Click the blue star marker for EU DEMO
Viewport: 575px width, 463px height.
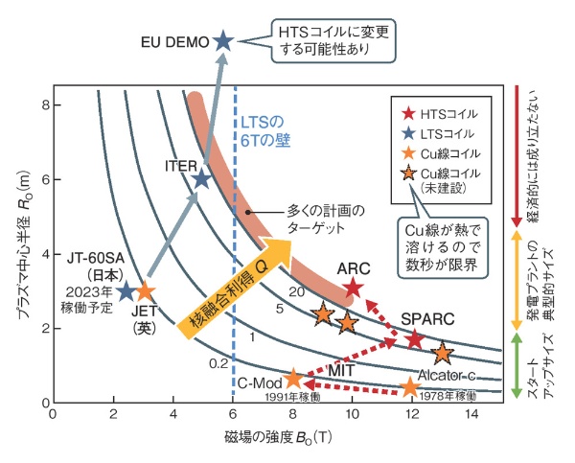[x=223, y=41]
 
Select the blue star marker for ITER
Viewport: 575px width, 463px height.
[x=201, y=179]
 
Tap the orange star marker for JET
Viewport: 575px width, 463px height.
[x=146, y=290]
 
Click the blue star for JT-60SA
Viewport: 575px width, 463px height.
[x=126, y=290]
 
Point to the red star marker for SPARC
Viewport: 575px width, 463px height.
[x=414, y=339]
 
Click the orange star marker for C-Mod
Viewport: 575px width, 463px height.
[x=293, y=379]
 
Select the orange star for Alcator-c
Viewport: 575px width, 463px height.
[x=410, y=387]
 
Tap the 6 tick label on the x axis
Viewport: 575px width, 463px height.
[x=233, y=415]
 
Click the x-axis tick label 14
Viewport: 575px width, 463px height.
[x=471, y=415]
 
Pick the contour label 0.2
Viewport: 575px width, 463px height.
[x=219, y=362]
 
